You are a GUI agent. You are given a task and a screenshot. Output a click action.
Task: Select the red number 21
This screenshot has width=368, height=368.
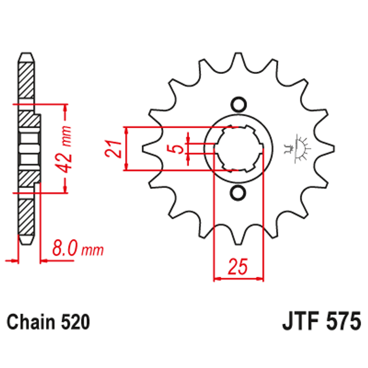(113, 149)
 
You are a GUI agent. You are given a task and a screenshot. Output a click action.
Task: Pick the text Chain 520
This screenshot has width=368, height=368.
(48, 322)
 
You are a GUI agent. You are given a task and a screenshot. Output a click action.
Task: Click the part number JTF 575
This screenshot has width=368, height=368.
(321, 322)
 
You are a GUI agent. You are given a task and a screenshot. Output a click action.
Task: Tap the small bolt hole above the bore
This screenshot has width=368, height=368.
(238, 104)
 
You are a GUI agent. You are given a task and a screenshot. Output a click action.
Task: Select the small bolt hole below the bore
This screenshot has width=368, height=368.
(238, 194)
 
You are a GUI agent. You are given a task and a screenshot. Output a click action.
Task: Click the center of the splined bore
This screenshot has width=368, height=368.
(238, 149)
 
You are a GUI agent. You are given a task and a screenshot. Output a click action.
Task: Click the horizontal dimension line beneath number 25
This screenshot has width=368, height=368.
(238, 279)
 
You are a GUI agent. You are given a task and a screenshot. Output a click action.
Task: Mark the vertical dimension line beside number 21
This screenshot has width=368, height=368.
(126, 149)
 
